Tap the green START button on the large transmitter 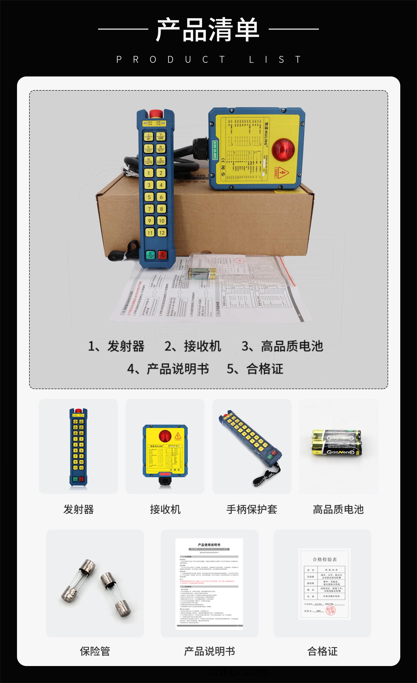pos(151,254)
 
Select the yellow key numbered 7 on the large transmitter pos(149,209)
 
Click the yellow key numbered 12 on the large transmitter pos(162,233)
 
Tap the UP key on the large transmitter pos(148,137)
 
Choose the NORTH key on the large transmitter pos(161,161)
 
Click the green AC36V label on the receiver pos(215,150)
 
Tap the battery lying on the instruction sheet pos(202,273)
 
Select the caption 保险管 pos(95,651)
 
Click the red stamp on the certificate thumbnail pos(330,610)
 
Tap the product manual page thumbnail pos(209,584)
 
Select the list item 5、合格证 pos(255,369)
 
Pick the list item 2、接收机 pos(193,346)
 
